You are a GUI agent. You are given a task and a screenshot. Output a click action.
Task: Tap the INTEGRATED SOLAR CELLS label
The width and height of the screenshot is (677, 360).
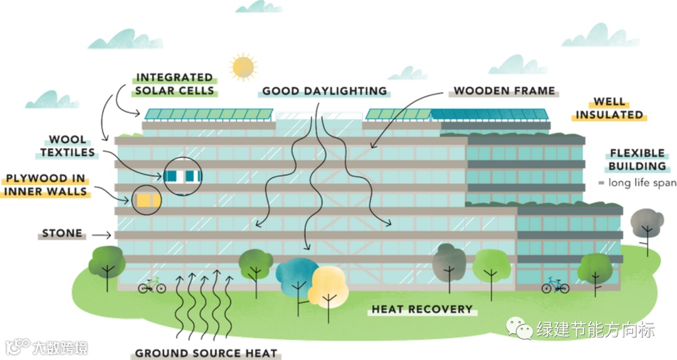[x=175, y=83]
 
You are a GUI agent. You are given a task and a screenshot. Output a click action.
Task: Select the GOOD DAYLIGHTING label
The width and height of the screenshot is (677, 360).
[x=324, y=91]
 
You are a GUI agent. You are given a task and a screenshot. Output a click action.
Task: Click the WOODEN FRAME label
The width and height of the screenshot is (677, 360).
[x=505, y=91]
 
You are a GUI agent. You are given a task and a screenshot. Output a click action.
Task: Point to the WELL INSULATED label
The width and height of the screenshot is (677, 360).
[x=609, y=108]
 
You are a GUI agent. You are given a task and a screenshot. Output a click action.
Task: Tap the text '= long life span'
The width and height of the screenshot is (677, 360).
[x=636, y=183]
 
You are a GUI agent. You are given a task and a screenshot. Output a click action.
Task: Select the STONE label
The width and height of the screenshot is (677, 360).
[x=62, y=233]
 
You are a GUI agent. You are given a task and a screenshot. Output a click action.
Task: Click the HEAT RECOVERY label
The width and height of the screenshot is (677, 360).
[x=421, y=309]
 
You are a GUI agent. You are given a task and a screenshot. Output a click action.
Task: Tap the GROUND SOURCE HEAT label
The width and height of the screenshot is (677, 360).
[x=206, y=353]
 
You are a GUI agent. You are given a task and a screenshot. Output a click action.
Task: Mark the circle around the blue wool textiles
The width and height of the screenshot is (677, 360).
[x=183, y=175]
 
